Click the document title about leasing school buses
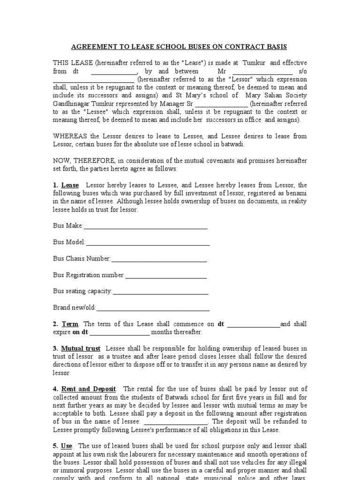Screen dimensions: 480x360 point(179,47)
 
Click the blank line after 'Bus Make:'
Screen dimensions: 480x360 point(145,226)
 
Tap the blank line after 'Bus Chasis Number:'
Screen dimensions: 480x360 point(159,259)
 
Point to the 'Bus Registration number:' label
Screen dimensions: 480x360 point(89,275)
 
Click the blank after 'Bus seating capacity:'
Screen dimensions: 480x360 point(160,292)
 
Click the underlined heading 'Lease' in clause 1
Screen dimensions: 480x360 point(71,186)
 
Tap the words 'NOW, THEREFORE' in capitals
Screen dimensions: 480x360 point(77,161)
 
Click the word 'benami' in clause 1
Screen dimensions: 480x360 point(297,194)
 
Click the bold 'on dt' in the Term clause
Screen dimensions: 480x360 point(80,332)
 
